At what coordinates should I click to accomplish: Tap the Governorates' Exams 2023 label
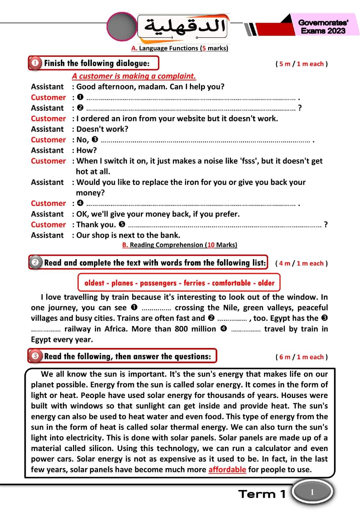coord(323,26)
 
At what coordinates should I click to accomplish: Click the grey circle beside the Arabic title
coord(121,26)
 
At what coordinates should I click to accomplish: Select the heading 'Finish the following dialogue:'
coord(97,63)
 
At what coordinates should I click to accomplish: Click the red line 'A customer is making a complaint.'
coord(134,76)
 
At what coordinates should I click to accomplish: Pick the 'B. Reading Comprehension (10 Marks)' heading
coord(179,245)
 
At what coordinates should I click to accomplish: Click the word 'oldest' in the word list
coord(94,283)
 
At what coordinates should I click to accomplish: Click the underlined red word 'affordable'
coord(227,469)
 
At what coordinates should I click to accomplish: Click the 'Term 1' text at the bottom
coord(262,494)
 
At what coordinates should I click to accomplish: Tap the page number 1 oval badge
coord(312,492)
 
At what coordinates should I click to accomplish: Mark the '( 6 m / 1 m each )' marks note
coord(301,357)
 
